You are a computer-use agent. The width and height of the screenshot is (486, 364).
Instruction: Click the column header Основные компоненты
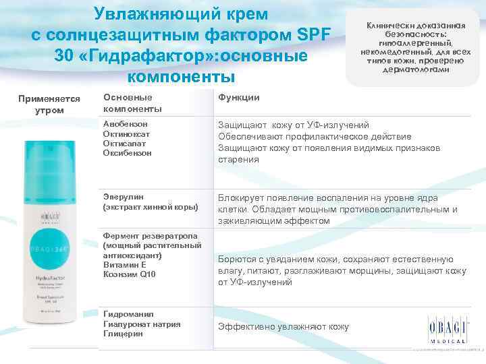point(132,102)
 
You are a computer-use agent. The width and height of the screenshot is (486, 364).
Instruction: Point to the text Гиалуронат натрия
point(142,324)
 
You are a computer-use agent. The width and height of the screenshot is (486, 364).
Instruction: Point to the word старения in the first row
point(238,160)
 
